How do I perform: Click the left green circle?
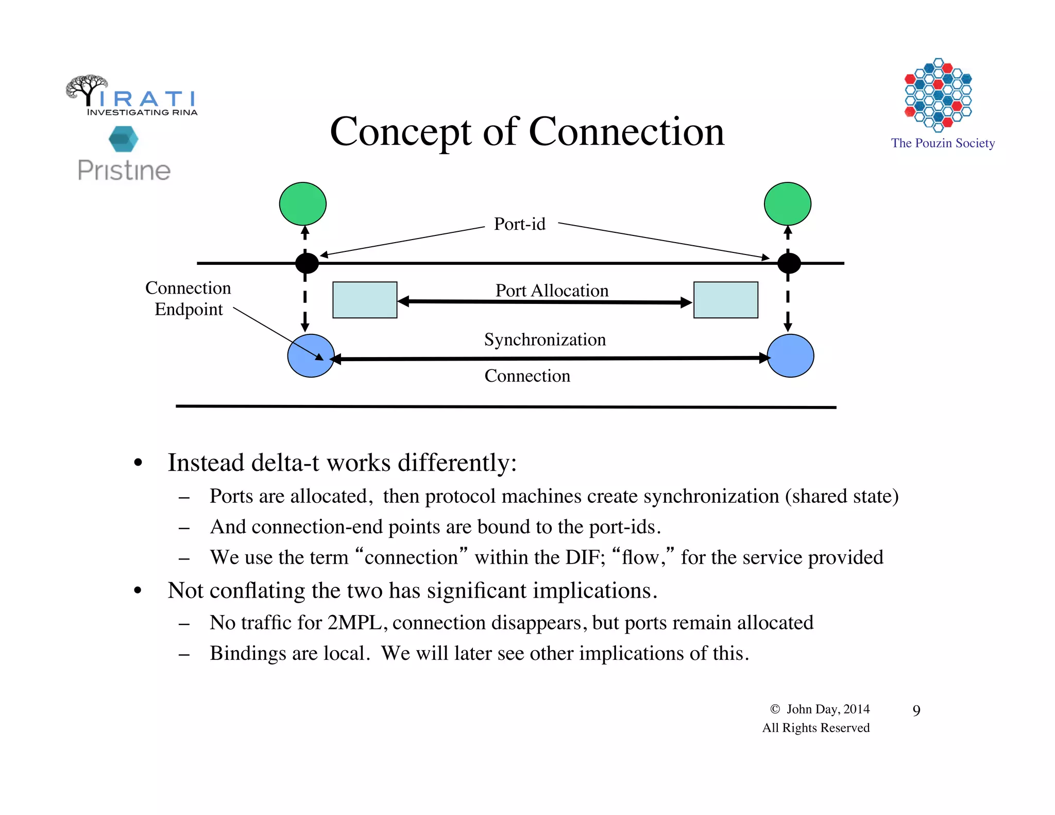click(302, 204)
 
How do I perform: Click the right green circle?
click(787, 204)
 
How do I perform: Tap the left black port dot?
click(307, 263)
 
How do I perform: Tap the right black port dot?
click(789, 263)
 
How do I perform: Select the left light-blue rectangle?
click(365, 300)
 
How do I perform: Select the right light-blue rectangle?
click(725, 300)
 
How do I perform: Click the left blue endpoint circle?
click(310, 355)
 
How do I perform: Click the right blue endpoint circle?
click(790, 355)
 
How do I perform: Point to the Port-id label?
click(519, 224)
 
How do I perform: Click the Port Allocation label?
click(552, 291)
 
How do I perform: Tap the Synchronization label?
click(544, 339)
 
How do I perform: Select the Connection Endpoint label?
click(188, 298)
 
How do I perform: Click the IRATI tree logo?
click(88, 89)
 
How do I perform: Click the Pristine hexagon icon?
click(124, 139)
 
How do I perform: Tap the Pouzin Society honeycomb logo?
click(938, 94)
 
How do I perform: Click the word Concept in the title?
click(400, 132)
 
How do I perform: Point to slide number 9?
click(916, 710)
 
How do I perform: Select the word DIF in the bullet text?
click(583, 557)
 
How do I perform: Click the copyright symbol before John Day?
click(775, 709)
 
